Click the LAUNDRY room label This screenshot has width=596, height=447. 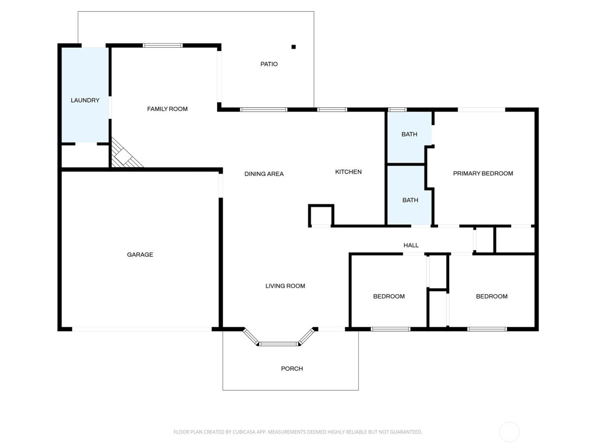click(85, 100)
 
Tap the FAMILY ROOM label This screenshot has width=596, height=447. click(167, 109)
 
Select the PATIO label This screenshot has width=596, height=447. click(269, 64)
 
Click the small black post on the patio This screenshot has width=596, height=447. click(293, 47)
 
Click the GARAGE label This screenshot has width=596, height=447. click(140, 255)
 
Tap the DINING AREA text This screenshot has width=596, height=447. click(264, 174)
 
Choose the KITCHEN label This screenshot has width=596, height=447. click(348, 172)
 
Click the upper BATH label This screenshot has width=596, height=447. click(409, 134)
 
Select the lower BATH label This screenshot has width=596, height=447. click(410, 200)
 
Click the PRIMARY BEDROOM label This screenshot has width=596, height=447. click(483, 173)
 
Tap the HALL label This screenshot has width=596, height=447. click(411, 245)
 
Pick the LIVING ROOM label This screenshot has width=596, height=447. click(285, 286)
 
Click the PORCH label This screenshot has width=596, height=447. click(292, 369)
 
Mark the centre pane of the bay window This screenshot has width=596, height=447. click(279, 344)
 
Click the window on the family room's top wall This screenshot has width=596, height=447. click(163, 45)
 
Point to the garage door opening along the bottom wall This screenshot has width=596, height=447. click(141, 329)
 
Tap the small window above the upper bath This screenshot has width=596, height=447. click(397, 110)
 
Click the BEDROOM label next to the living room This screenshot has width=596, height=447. click(389, 296)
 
